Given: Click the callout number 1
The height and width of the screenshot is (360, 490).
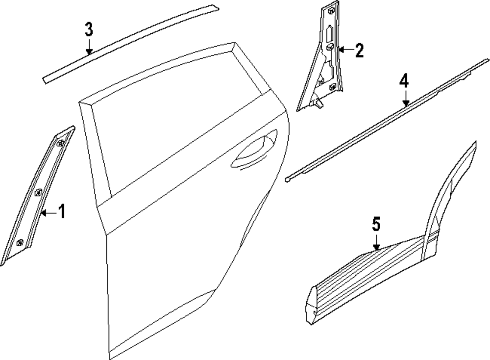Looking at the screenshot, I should point(61,212).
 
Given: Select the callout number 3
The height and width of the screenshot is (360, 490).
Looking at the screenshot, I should point(89,29).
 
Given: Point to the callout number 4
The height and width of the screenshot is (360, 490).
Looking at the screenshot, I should point(404,81).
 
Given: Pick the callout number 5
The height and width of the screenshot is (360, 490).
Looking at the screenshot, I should point(376,225).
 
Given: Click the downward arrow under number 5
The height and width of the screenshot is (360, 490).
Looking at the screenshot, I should point(376,244).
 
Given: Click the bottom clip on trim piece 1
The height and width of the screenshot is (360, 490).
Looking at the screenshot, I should point(20,242).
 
